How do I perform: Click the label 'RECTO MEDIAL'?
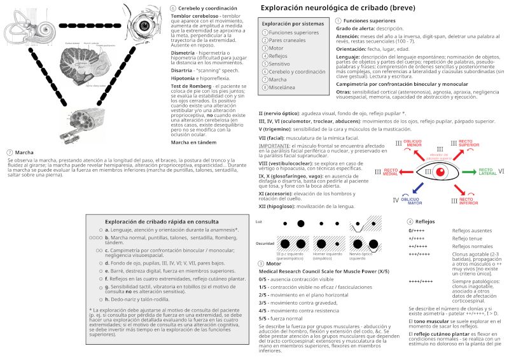coord(391,172)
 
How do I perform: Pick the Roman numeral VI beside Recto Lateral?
coord(501,172)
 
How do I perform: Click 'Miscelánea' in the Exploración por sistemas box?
coord(284,88)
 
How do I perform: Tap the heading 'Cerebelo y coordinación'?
coord(204,8)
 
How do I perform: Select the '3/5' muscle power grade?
coord(263,301)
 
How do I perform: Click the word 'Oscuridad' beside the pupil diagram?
coord(265,244)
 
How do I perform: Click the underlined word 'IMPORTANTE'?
coord(274,146)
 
